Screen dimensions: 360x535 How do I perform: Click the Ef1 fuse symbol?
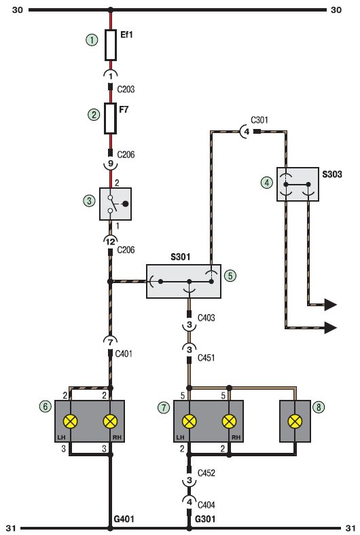click(x=110, y=45)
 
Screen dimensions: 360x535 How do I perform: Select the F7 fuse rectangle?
click(x=110, y=118)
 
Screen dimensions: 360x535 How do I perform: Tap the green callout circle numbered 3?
click(x=90, y=201)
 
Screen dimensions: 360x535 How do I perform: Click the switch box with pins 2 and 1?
click(x=115, y=204)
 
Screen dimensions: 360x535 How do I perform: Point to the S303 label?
click(x=332, y=174)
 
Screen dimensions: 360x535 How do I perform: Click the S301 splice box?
click(x=183, y=282)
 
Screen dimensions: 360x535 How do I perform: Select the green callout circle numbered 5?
click(x=230, y=276)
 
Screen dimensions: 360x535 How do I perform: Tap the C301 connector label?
click(x=259, y=120)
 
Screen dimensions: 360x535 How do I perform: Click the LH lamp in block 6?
click(x=70, y=422)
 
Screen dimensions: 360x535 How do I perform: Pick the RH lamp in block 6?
click(x=110, y=422)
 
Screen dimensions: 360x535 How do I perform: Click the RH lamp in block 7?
click(x=230, y=422)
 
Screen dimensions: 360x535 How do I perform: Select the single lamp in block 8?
click(x=295, y=422)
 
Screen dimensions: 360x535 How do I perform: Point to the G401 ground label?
click(x=124, y=519)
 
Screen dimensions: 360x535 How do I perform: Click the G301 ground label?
click(x=205, y=519)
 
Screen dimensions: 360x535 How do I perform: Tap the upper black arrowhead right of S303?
click(x=330, y=304)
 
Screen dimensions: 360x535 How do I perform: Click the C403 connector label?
click(x=206, y=318)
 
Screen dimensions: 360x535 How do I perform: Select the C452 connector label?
click(x=206, y=473)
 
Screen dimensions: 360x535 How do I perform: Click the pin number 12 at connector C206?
click(x=110, y=242)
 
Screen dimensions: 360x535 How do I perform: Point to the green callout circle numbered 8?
click(x=319, y=407)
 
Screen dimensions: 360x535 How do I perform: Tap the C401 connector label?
click(x=124, y=354)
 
